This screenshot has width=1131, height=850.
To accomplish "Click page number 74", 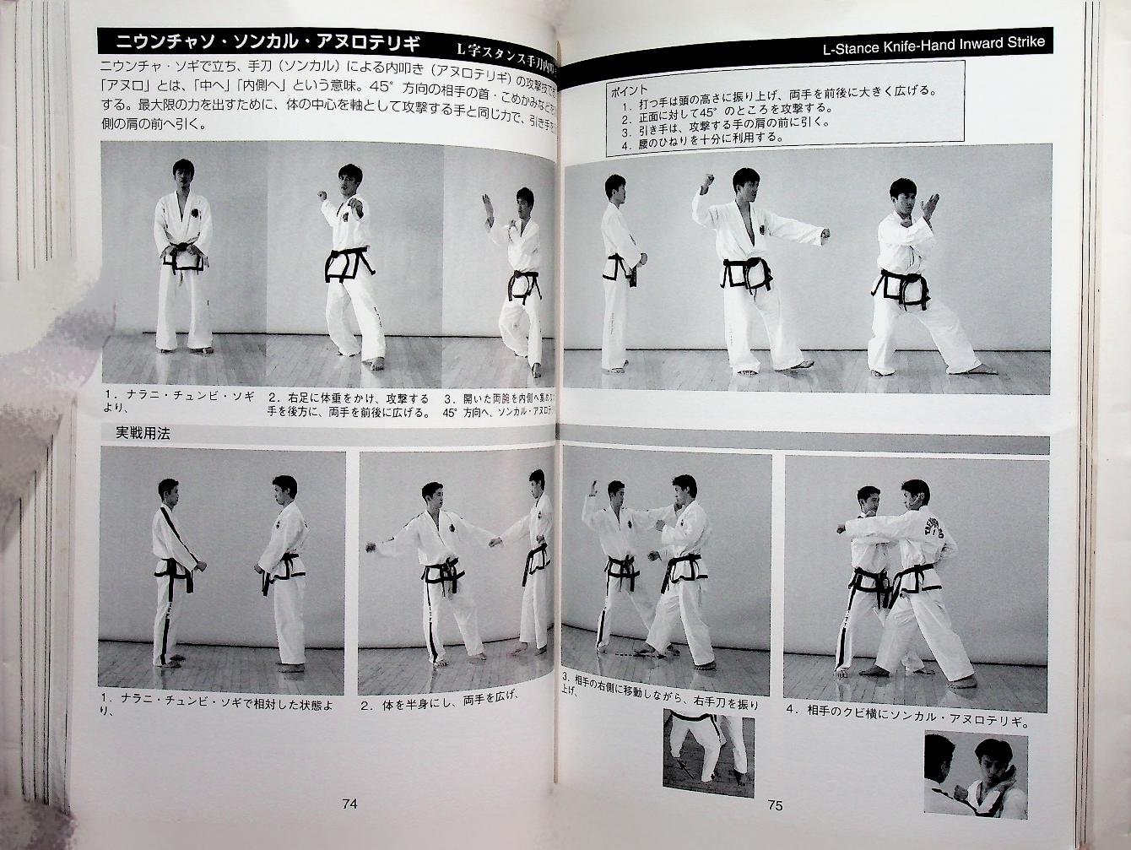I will [349, 804].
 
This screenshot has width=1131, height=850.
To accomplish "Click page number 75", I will [775, 805].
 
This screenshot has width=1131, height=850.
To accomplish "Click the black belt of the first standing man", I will [183, 255].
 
